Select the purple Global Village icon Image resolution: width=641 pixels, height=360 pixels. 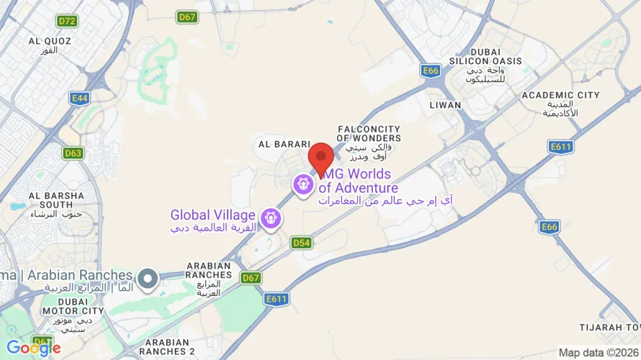point(271,216)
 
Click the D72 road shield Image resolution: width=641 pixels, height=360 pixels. point(68,22)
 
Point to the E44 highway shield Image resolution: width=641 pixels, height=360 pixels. point(80,96)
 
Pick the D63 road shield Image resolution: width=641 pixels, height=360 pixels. point(73,153)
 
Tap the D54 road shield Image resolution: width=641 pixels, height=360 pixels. point(302,243)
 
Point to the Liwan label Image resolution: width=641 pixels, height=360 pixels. point(440,105)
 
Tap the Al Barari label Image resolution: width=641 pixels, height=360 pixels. point(284,144)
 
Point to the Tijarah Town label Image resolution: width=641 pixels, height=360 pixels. point(609,328)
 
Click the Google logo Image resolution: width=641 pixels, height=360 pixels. point(33,348)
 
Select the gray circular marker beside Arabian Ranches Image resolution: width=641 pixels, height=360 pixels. point(148,276)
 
